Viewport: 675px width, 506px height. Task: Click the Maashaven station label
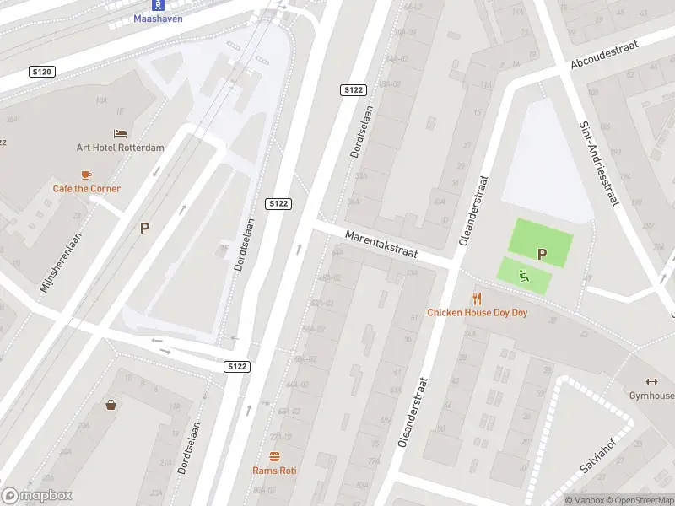pos(158,19)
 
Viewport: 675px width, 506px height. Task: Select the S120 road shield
pos(41,73)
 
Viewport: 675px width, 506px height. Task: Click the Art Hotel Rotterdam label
pos(121,148)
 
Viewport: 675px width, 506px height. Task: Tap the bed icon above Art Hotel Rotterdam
pos(121,133)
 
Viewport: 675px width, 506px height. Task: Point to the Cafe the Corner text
pos(87,189)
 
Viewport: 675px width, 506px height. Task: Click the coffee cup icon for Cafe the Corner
pos(86,175)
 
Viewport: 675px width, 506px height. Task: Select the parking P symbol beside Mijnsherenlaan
pos(145,228)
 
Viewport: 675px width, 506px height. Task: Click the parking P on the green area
pos(542,254)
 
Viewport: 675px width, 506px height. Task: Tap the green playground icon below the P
pos(524,274)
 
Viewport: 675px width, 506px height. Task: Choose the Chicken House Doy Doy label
pos(478,312)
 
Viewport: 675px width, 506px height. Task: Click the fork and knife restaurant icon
pos(477,298)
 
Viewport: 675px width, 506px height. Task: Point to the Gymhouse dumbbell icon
pos(651,381)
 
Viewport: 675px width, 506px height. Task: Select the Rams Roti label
pos(274,471)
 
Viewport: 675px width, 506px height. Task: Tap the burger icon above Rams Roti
pos(274,456)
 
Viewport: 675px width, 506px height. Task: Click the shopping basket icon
pos(111,405)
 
